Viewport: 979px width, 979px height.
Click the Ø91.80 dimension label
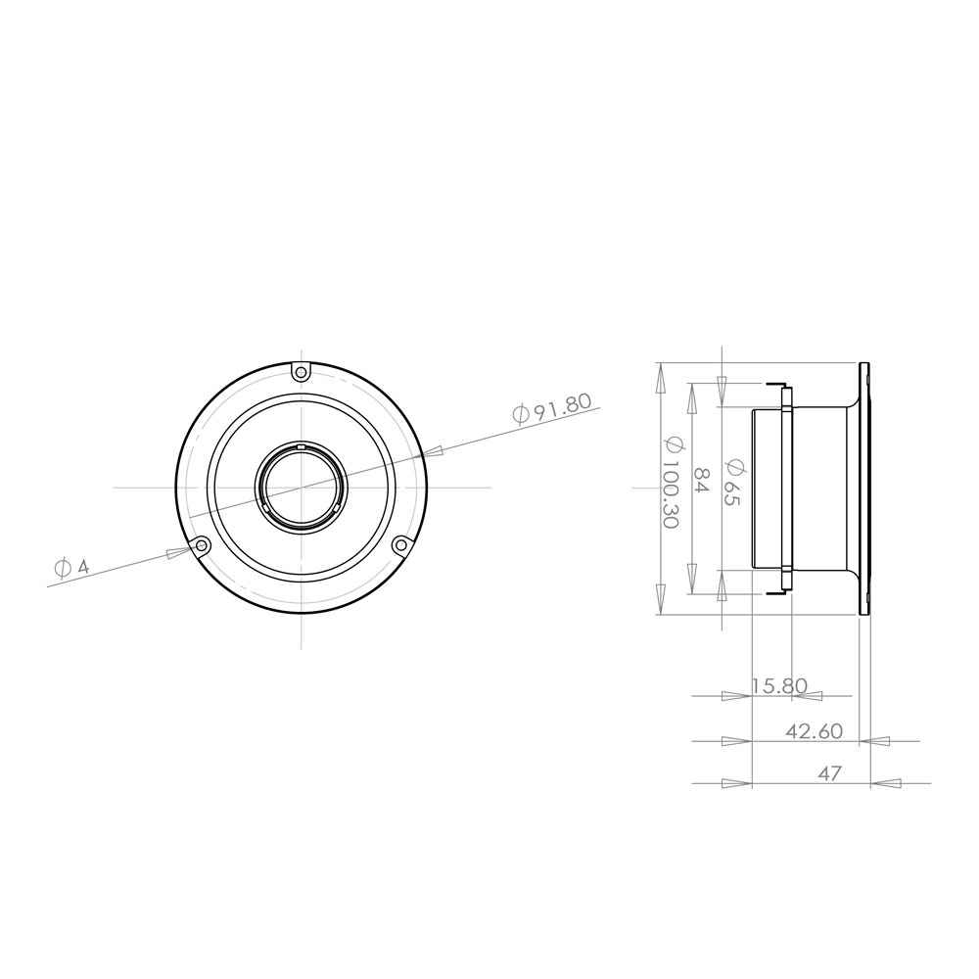click(554, 407)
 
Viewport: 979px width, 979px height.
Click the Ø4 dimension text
click(72, 567)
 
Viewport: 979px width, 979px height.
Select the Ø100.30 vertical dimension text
click(671, 481)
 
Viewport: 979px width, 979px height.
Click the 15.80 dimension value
click(779, 686)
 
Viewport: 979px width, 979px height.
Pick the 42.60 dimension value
click(814, 731)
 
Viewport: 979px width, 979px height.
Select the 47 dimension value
click(829, 773)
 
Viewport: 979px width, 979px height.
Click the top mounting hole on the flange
click(302, 371)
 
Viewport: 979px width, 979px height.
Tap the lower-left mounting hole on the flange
click(202, 544)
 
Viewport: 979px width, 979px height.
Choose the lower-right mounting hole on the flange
click(400, 544)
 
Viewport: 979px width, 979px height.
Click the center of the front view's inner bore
click(302, 487)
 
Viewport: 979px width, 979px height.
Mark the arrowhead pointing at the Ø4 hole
click(177, 553)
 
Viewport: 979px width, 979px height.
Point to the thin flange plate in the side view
click(864, 488)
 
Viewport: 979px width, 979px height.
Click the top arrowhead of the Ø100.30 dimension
click(660, 378)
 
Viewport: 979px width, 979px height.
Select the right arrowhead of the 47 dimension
click(886, 783)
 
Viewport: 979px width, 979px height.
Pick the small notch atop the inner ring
click(302, 447)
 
